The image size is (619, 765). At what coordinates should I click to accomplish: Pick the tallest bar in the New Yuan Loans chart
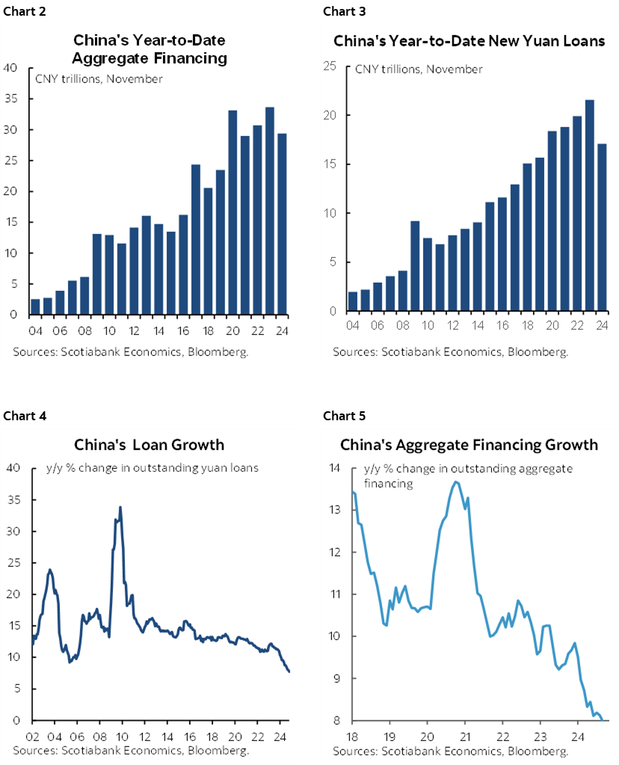[x=588, y=206]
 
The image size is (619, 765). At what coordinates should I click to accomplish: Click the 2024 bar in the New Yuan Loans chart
[x=603, y=227]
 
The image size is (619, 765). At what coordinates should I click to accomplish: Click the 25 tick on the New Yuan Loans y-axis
[x=327, y=67]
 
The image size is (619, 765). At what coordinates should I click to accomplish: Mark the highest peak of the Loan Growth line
[x=120, y=507]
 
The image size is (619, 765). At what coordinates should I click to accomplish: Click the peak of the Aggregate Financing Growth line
[x=456, y=482]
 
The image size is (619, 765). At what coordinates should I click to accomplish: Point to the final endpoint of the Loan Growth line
[x=289, y=672]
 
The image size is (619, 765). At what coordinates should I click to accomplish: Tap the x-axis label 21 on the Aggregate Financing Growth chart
[x=464, y=734]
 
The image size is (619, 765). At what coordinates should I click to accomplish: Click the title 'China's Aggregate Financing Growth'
[x=469, y=445]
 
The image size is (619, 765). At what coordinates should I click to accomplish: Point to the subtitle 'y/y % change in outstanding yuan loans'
[x=147, y=469]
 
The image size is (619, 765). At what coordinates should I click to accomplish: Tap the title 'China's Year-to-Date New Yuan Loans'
[x=469, y=41]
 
